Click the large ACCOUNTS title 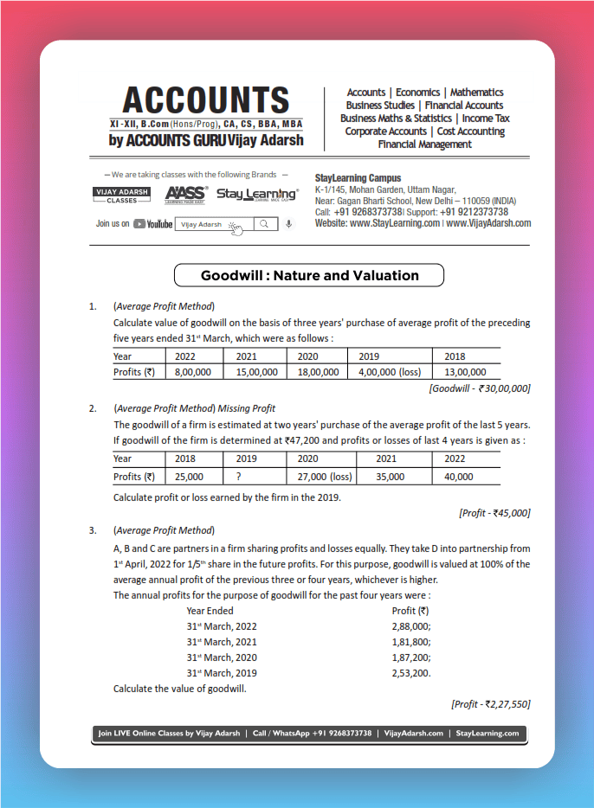click(205, 100)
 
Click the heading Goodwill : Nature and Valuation click(309, 276)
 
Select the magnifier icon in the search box click(265, 224)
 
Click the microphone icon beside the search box click(288, 224)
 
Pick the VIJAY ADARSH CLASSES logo click(121, 195)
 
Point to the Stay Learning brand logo click(257, 195)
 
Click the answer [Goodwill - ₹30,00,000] click(480, 388)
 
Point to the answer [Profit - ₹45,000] click(494, 513)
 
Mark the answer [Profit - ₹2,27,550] click(490, 704)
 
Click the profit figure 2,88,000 click(411, 626)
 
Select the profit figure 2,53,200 click(411, 673)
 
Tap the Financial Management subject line click(424, 144)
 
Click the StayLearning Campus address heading click(358, 178)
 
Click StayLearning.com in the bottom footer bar click(487, 734)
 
